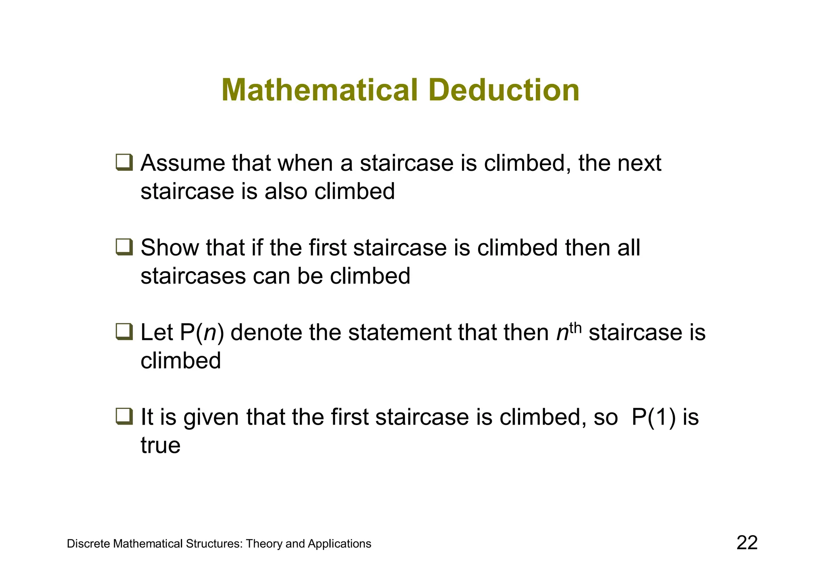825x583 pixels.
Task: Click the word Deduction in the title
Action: pos(506,90)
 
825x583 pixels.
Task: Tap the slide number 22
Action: pos(747,543)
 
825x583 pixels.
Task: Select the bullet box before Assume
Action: pos(124,162)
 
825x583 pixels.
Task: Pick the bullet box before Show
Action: pos(124,247)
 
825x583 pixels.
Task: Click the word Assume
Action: pos(182,163)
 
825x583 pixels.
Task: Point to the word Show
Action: pos(170,247)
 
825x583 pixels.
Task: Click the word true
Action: pos(160,445)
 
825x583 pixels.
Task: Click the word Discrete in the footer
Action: pos(88,544)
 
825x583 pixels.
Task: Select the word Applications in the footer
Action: pos(339,544)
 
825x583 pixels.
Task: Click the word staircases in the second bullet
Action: pos(193,276)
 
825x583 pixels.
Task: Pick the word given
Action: pos(211,417)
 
